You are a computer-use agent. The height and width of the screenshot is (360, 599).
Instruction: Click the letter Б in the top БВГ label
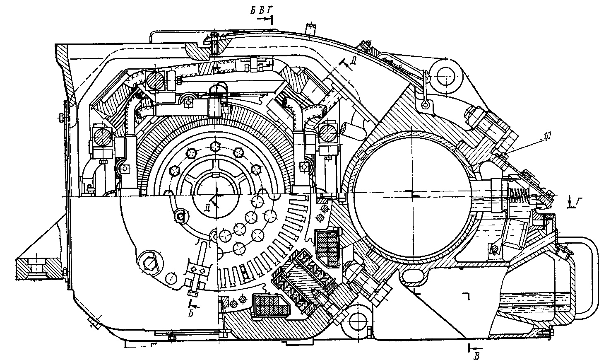[x=253, y=11]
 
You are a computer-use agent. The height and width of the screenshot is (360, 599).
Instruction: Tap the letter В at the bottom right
[x=476, y=356]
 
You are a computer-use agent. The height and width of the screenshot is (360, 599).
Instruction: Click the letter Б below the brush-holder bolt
[x=191, y=314]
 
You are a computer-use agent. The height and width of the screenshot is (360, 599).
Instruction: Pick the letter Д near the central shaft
[x=207, y=208]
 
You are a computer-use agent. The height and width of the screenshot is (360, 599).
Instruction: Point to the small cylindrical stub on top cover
[x=311, y=29]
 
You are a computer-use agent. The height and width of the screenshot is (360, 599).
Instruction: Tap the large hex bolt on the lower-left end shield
[x=150, y=263]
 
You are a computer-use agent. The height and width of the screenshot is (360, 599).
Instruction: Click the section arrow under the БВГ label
[x=265, y=19]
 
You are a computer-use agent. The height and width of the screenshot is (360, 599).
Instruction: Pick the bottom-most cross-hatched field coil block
[x=270, y=305]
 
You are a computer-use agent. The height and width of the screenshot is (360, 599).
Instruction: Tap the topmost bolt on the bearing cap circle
[x=215, y=146]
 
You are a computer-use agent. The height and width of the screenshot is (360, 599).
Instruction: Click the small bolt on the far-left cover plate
[x=61, y=117]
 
